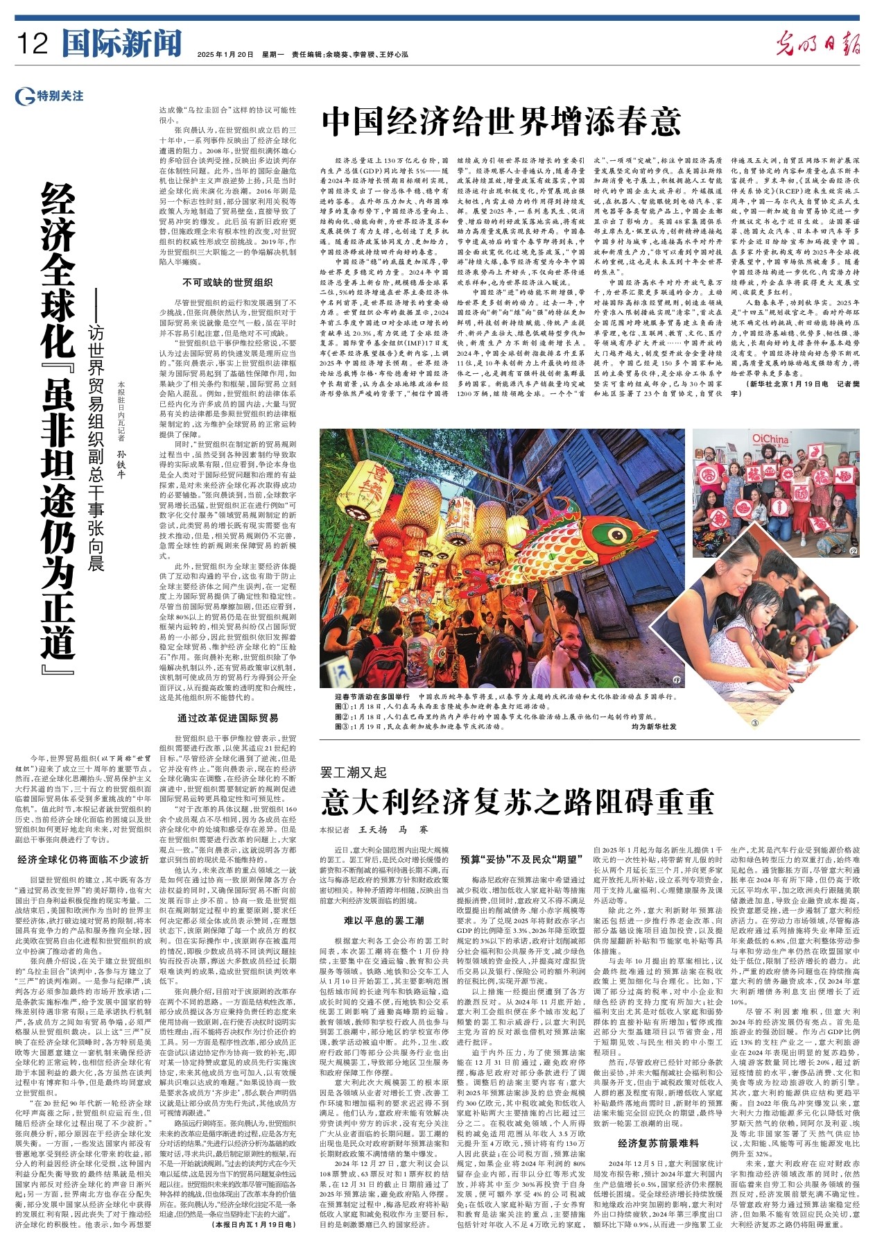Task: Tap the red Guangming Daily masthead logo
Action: click(x=818, y=44)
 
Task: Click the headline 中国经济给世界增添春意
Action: click(x=501, y=121)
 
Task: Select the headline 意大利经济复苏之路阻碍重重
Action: click(x=517, y=802)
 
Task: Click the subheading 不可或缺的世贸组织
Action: click(x=227, y=282)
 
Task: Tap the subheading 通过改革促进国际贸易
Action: click(x=227, y=718)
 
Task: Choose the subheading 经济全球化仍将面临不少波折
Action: click(x=83, y=859)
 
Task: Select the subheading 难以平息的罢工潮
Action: click(x=383, y=920)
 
